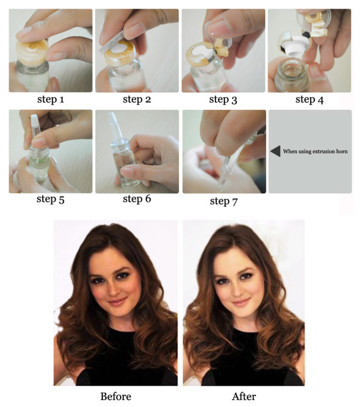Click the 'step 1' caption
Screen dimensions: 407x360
(x=50, y=99)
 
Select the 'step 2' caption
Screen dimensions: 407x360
(x=137, y=99)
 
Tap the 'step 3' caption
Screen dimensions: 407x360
(x=223, y=100)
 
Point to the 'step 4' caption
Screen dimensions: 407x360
(x=309, y=99)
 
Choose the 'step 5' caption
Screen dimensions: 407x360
(x=50, y=199)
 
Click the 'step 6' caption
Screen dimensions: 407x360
(x=137, y=199)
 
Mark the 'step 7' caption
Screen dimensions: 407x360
(x=223, y=201)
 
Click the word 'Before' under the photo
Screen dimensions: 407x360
(x=115, y=396)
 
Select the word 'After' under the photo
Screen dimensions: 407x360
(x=244, y=396)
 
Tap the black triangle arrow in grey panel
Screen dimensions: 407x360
(x=275, y=151)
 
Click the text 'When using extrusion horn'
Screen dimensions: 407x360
(x=315, y=151)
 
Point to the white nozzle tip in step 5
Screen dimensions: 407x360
(x=35, y=122)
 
